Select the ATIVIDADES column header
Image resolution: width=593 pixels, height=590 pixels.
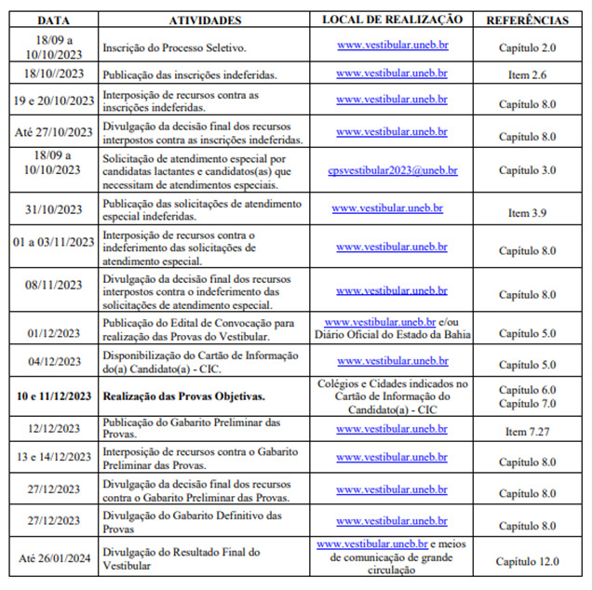(x=205, y=19)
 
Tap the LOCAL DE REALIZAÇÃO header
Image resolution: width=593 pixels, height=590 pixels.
(x=391, y=19)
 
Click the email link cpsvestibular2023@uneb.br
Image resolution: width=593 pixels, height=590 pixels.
(x=392, y=170)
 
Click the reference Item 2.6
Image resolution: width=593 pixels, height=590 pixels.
(x=527, y=74)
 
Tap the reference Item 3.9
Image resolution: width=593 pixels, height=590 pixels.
(x=527, y=213)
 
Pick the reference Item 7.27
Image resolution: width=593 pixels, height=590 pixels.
(x=527, y=432)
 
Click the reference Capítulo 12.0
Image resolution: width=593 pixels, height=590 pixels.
(x=527, y=561)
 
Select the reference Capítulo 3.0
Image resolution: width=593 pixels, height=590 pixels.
(x=527, y=170)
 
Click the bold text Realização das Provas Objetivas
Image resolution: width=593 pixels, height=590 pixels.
(x=183, y=396)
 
